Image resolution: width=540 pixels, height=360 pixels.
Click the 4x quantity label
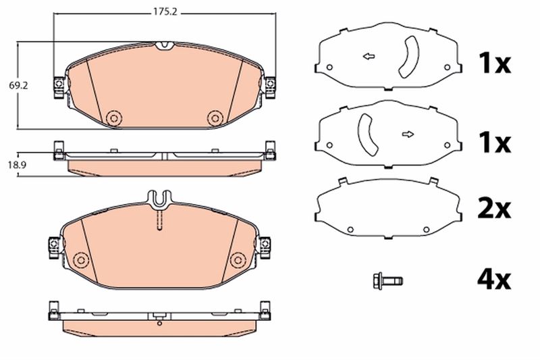click(494, 277)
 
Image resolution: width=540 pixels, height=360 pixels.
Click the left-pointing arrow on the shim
click(369, 56)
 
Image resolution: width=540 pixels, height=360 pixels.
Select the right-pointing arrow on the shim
click(408, 134)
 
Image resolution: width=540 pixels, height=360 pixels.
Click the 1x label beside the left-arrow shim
click(494, 64)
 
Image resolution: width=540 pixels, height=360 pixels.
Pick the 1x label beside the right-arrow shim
click(494, 143)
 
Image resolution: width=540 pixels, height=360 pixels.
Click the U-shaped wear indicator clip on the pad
click(159, 198)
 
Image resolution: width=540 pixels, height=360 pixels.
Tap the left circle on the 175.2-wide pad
click(113, 118)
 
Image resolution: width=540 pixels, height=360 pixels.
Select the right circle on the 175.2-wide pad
click(215, 118)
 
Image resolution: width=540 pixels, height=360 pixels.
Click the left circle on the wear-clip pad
click(82, 259)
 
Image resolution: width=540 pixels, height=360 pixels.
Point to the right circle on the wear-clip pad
click(237, 259)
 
